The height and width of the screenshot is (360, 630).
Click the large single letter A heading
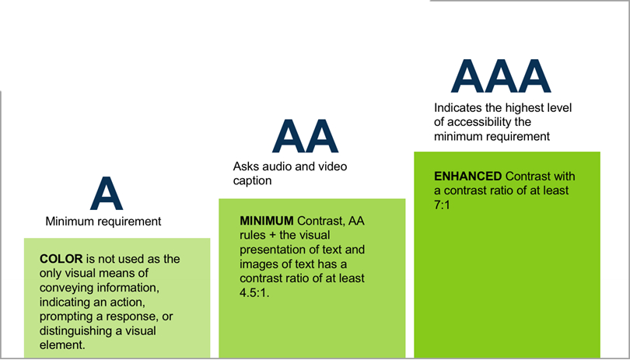tap(107, 194)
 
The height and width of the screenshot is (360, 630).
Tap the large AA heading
tap(306, 136)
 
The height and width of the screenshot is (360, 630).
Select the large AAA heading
tap(501, 76)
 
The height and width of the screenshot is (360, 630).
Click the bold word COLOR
tap(61, 259)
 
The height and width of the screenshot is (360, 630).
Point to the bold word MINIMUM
tap(267, 221)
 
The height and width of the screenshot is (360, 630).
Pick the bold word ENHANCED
tap(468, 177)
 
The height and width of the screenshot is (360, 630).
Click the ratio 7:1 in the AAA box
tap(442, 205)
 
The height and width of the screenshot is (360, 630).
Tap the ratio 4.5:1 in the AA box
tap(254, 293)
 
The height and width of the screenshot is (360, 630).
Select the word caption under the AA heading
tap(252, 181)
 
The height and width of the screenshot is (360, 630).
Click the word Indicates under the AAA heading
tap(455, 107)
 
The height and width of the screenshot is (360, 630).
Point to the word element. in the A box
tap(62, 345)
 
